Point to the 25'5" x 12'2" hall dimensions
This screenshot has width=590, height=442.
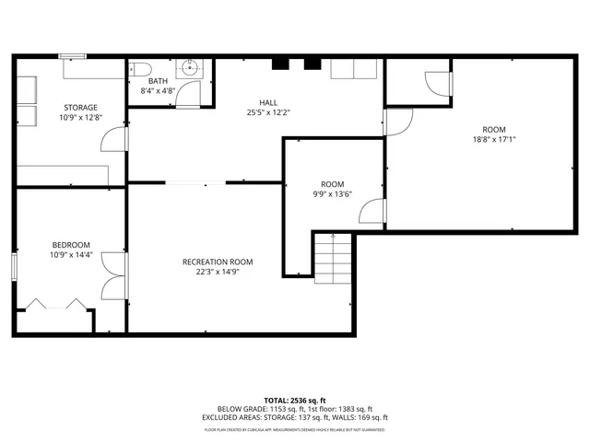coord(267,112)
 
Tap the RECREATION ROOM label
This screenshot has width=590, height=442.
coord(218,262)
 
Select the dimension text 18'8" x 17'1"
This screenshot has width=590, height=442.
coord(493,140)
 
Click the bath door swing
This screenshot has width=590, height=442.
coord(192,92)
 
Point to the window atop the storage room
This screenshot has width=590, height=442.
coord(74,57)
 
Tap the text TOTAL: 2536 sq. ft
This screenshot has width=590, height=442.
coord(294,401)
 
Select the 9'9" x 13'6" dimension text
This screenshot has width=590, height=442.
coord(332,193)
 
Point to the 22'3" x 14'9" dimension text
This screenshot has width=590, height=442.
coord(218,273)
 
